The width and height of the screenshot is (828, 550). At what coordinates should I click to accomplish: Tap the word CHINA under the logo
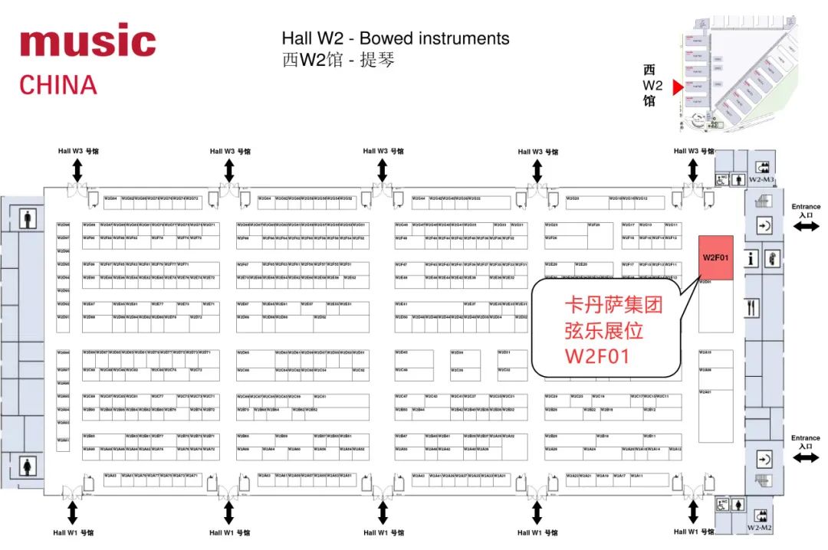pos(58,84)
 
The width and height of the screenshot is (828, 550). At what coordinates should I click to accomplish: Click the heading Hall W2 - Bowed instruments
pos(395,38)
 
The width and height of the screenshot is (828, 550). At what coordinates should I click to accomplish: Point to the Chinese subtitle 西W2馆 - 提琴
pos(338,59)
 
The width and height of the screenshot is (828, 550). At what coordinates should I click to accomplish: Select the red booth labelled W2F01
pos(716,257)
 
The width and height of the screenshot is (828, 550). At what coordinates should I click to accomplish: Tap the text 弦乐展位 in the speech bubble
pos(602,331)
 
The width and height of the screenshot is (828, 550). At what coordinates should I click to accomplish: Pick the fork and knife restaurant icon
pos(752,308)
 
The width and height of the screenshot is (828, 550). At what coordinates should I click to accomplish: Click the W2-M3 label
pos(762,179)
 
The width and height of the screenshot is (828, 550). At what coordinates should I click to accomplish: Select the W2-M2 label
pos(760,529)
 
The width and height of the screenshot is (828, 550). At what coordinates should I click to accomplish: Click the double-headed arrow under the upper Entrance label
pos(806,227)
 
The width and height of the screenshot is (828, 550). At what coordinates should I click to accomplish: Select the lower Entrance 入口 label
pos(805,442)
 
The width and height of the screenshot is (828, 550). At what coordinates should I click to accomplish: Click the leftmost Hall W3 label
pos(77,151)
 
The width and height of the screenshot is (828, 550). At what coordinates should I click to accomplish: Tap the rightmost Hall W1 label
pos(693,532)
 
